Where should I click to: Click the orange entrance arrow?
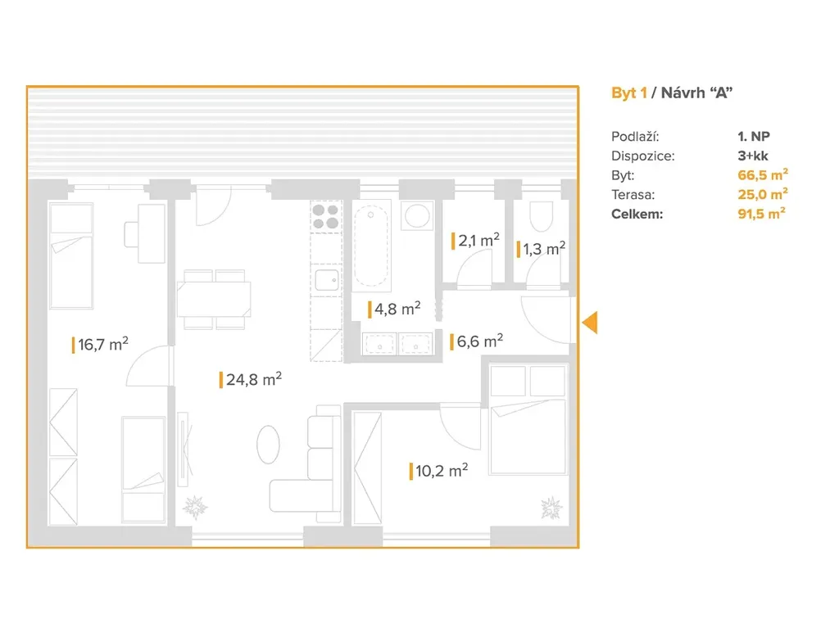tap(590, 323)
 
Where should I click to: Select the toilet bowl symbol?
tap(541, 216)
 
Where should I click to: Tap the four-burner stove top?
tap(326, 217)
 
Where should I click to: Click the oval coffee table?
tap(268, 444)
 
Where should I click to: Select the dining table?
tap(214, 300)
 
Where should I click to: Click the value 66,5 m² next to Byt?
tap(763, 174)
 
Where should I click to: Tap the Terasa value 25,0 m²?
tap(763, 194)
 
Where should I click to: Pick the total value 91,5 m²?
tap(761, 214)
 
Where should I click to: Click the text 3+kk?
tap(753, 156)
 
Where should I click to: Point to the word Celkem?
tap(637, 214)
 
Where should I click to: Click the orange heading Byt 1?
tap(629, 93)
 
